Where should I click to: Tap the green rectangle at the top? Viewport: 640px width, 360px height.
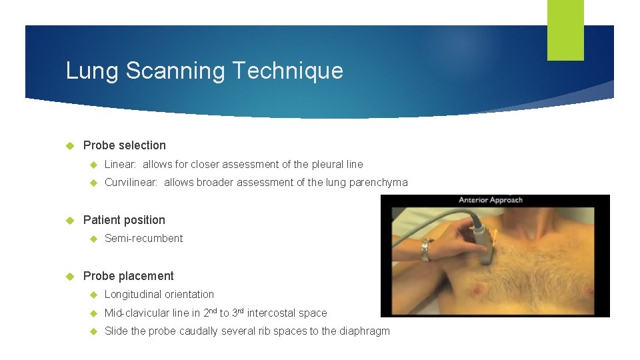[565, 30]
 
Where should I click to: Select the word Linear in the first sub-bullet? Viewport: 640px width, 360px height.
[120, 164]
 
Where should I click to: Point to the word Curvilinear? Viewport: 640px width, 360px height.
[131, 183]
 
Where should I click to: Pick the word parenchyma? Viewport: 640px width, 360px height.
[378, 183]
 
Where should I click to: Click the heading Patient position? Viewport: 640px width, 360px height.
[124, 220]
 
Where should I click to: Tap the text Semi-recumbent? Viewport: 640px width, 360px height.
[143, 239]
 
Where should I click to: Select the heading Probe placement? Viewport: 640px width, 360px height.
[128, 276]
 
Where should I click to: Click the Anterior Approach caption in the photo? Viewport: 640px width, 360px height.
[491, 200]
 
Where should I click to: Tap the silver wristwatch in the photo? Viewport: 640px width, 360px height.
[424, 249]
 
